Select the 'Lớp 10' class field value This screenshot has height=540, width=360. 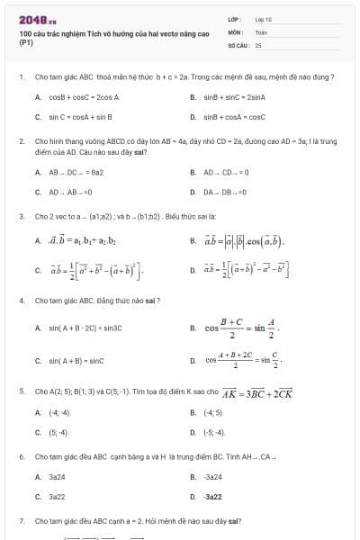coord(264,18)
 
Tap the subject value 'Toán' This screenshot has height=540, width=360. coord(261,31)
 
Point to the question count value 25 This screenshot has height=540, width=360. coord(258,43)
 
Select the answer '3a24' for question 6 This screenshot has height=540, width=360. coord(57,477)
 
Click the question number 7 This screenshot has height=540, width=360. coord(21,521)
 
